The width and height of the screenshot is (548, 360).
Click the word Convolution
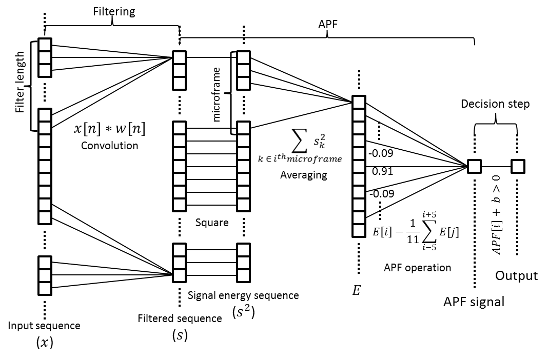click(110, 145)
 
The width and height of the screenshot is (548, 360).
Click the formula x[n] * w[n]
click(110, 129)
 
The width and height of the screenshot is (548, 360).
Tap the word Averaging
click(303, 175)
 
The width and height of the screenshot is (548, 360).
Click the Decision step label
click(495, 104)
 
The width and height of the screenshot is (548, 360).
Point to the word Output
click(517, 276)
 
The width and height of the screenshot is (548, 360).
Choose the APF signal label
click(474, 302)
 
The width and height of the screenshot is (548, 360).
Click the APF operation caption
click(417, 267)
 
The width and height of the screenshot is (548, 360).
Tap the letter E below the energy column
click(356, 291)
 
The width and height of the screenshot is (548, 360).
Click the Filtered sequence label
click(180, 318)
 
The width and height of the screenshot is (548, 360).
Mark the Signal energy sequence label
click(243, 295)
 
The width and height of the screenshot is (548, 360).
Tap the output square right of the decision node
click(517, 166)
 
